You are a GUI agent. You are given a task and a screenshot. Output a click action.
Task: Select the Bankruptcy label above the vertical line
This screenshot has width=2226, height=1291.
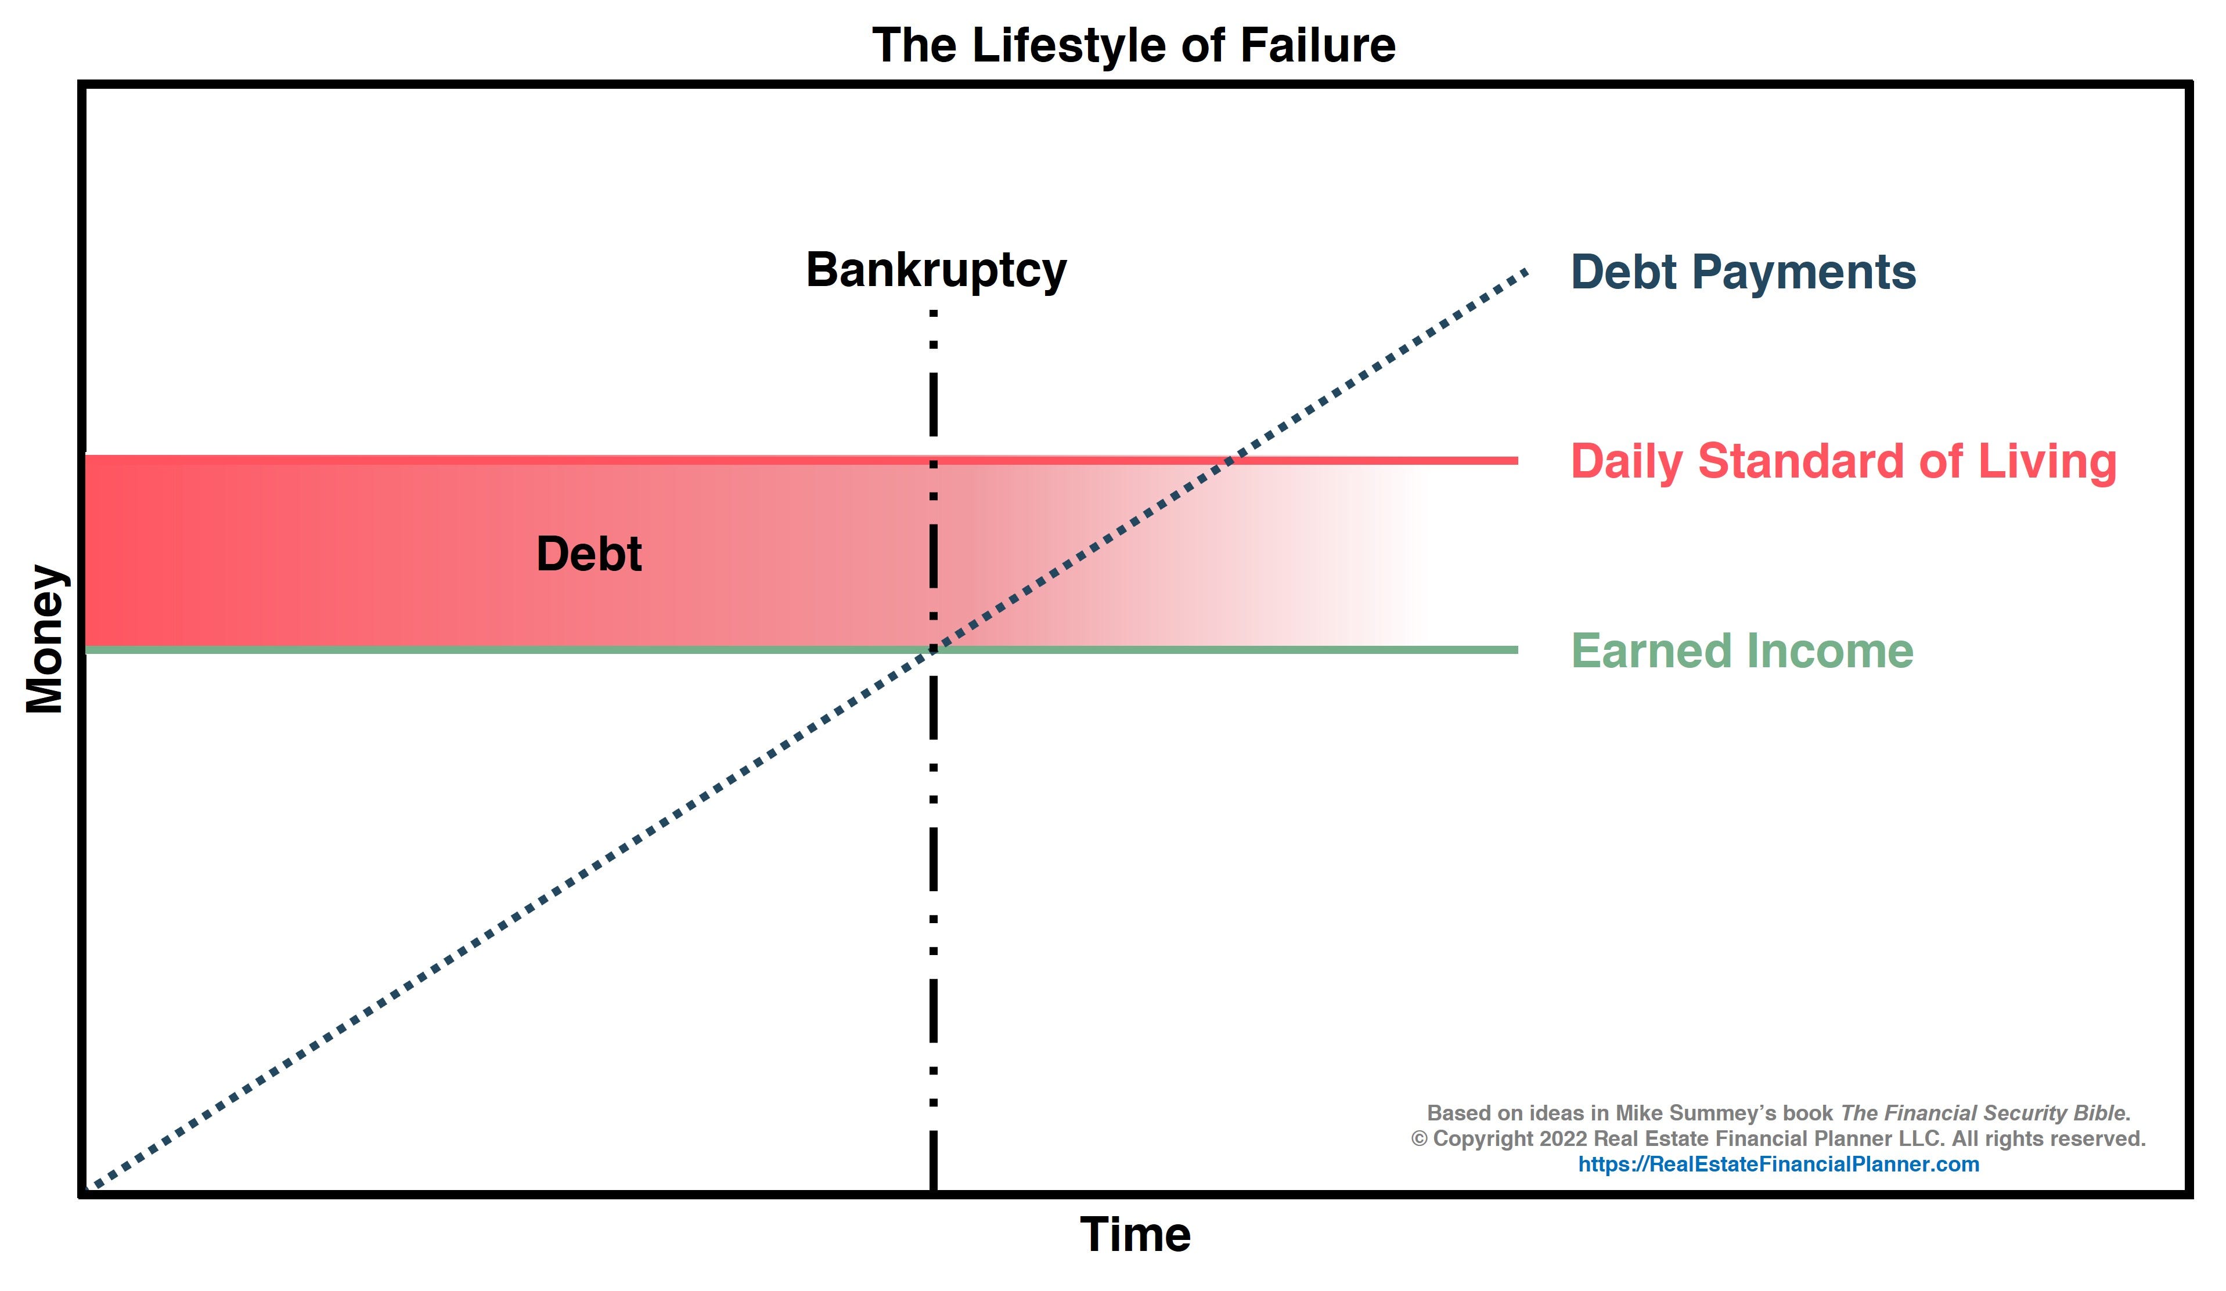(936, 270)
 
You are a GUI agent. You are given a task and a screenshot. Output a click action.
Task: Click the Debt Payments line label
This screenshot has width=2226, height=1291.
(1743, 272)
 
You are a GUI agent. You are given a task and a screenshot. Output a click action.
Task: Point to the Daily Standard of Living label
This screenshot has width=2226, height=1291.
(1843, 462)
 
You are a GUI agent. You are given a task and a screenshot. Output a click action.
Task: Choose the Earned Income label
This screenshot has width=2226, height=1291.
(1742, 651)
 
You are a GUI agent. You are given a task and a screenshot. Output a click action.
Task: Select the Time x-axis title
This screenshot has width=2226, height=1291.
(1135, 1235)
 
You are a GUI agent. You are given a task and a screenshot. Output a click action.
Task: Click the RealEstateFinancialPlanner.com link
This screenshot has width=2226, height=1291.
(1778, 1164)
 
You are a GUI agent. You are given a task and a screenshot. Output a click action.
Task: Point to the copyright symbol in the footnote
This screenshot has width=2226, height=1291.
(1418, 1139)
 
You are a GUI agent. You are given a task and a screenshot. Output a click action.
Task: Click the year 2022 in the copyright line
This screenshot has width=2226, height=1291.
(1564, 1139)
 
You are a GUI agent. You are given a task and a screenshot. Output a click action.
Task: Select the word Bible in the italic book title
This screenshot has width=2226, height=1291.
(2101, 1113)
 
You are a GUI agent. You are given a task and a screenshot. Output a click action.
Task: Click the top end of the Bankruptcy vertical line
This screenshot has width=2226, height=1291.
(934, 313)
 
